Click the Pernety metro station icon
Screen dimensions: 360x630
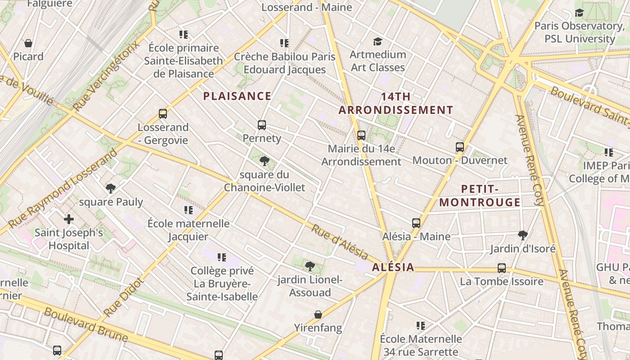[262, 125]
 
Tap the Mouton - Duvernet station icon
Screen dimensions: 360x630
[459, 147]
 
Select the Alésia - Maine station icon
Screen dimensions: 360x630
[416, 223]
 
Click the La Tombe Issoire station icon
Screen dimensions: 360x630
[502, 268]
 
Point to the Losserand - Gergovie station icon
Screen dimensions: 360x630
[163, 114]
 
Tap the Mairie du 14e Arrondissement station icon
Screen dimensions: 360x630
[361, 135]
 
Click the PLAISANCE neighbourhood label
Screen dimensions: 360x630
[237, 96]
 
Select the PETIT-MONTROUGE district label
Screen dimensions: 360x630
[480, 195]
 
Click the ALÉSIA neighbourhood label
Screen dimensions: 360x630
[393, 267]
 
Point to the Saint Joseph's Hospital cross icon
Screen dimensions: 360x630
[69, 219]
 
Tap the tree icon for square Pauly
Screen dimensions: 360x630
[111, 188]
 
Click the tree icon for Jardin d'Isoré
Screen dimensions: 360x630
[522, 235]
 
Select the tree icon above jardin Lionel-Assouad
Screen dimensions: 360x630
[310, 266]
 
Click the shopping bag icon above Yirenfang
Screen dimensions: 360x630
[318, 314]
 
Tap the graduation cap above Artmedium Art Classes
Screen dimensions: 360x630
[378, 42]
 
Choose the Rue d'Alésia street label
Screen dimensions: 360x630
[339, 242]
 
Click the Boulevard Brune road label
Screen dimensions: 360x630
[86, 324]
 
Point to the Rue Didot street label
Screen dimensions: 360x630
[123, 297]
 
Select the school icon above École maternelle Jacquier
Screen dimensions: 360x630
[188, 210]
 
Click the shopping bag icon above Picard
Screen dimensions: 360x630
[28, 43]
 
